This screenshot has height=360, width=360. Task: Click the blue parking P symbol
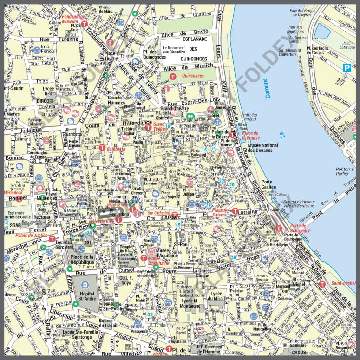click(x=346, y=68)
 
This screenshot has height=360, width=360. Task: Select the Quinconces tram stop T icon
click(x=172, y=77)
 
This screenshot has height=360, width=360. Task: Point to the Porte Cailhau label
click(x=268, y=184)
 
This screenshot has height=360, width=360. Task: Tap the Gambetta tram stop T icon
click(x=102, y=147)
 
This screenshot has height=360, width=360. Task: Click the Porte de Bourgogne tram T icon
click(x=279, y=228)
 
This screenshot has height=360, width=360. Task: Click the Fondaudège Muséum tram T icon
click(x=84, y=24)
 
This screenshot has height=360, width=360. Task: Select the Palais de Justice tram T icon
click(x=52, y=238)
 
